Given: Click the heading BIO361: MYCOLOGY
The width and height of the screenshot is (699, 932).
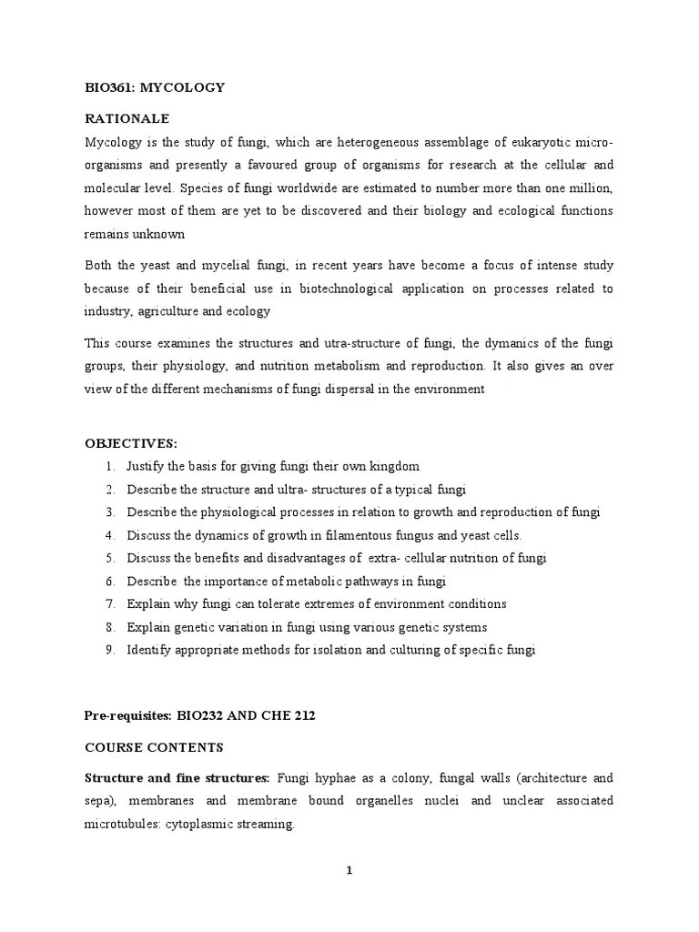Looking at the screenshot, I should click(x=155, y=87).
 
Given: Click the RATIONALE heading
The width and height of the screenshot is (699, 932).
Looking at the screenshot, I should click(x=127, y=119).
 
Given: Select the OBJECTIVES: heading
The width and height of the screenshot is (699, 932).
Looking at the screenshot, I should click(x=131, y=443).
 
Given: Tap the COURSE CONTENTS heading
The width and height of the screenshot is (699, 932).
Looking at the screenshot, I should click(x=153, y=746).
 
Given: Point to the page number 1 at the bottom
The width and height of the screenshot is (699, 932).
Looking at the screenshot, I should click(x=349, y=870).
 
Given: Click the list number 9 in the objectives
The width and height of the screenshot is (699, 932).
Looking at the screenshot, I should click(x=109, y=650).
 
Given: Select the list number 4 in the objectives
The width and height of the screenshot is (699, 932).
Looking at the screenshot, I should click(x=109, y=535).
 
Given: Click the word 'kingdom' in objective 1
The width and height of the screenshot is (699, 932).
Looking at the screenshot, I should click(x=394, y=466).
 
